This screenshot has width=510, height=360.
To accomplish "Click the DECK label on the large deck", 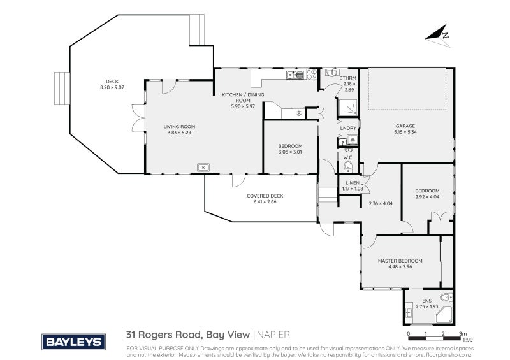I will pos(113,81).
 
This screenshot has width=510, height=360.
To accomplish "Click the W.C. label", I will pos(348,157).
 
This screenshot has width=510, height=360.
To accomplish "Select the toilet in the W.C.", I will pos(348,167).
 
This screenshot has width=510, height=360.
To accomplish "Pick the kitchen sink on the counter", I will pos(294,75).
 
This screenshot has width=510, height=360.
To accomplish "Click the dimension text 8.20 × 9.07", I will pos(113,87).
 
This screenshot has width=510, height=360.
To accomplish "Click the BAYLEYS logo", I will pos(73,341).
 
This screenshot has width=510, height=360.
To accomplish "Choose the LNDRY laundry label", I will pos(348,128).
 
